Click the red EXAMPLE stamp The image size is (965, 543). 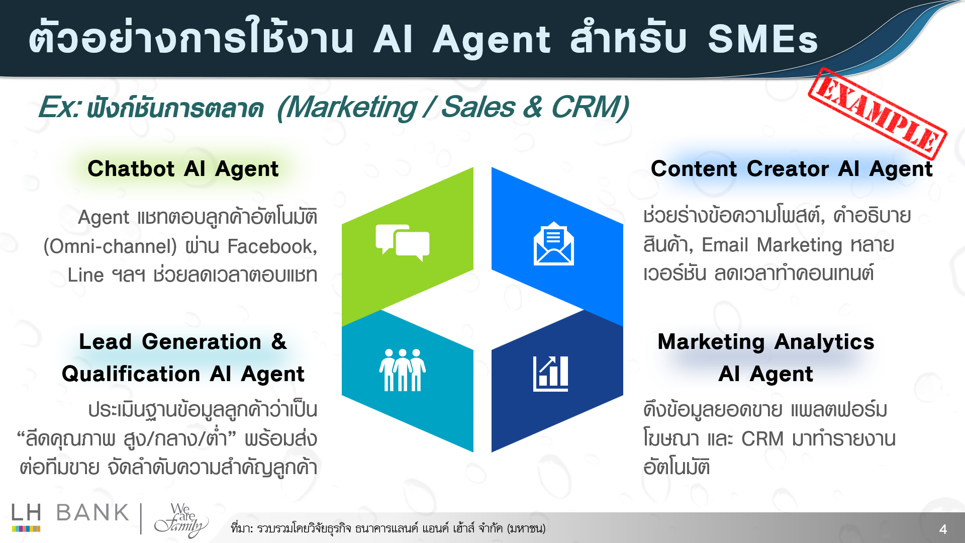[x=877, y=114]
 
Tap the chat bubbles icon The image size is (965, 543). [x=403, y=243]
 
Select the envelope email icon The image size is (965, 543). [x=553, y=243]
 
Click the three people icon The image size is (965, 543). [x=402, y=370]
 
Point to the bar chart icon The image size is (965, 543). [x=551, y=374]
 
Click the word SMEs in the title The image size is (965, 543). [x=763, y=39]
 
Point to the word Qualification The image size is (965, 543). [x=131, y=374]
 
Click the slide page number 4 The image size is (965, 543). [x=943, y=529]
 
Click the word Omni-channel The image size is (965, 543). [x=110, y=246]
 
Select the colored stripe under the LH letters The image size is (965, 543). [x=26, y=528]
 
